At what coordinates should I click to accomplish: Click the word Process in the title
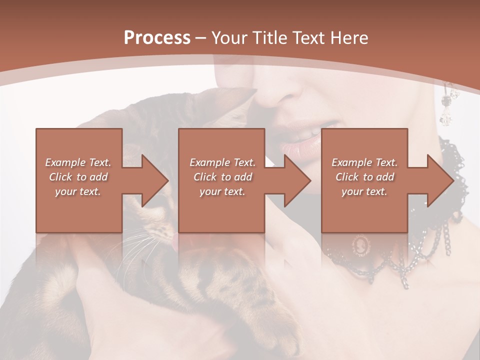point(157,38)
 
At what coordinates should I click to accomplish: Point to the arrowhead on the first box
point(155,180)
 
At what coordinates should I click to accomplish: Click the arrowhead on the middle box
point(297,180)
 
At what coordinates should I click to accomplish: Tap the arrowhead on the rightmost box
point(440,180)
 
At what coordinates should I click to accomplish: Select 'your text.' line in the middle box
point(222,191)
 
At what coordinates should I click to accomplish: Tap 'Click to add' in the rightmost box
point(365,177)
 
